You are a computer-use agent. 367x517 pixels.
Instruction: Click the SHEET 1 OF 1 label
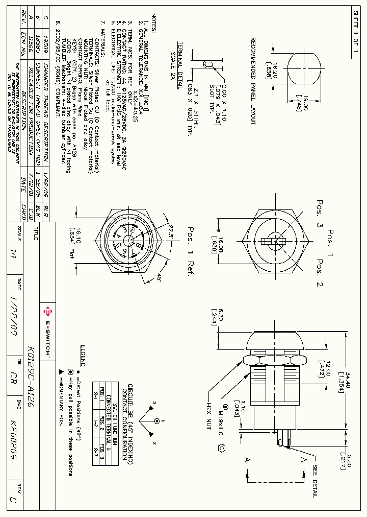[x=355, y=32]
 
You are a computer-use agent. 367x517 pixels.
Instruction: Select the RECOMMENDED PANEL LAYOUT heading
[x=253, y=81]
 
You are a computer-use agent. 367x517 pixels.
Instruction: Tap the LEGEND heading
[x=84, y=356]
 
